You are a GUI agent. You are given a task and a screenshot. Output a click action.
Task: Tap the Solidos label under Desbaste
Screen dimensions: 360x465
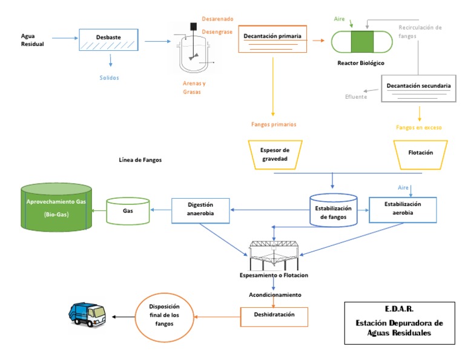(x=110, y=78)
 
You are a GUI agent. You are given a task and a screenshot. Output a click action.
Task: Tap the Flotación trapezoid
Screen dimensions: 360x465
(x=421, y=153)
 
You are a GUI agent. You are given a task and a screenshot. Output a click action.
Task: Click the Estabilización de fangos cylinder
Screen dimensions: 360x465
(x=333, y=210)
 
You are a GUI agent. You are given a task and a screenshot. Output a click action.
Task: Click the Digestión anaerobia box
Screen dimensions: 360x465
(x=200, y=210)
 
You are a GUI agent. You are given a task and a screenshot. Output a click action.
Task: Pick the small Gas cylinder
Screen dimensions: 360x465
(x=128, y=212)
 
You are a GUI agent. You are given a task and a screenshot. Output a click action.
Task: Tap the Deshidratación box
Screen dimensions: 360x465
(x=274, y=316)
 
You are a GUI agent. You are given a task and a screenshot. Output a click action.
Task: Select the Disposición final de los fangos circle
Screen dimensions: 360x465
(x=165, y=316)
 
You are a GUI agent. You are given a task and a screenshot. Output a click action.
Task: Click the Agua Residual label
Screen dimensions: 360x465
(x=33, y=40)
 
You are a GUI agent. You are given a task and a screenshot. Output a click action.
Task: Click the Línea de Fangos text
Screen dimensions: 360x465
(x=141, y=161)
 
